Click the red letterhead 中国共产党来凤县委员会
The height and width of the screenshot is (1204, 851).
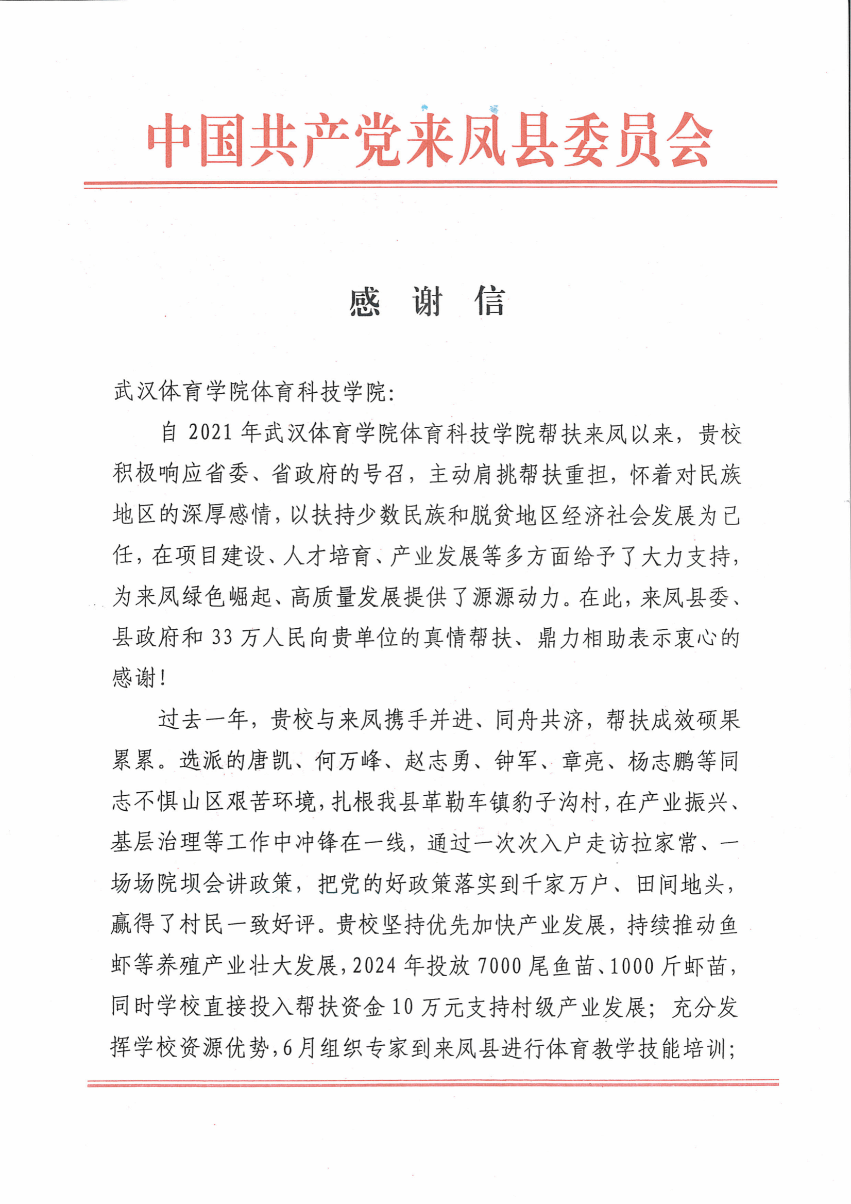[x=430, y=140]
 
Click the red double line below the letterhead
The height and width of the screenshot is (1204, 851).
[x=430, y=183]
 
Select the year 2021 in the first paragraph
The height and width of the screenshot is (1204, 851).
[x=210, y=432]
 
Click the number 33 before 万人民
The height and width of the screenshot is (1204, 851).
[x=222, y=638]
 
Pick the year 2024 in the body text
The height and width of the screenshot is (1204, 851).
[x=374, y=965]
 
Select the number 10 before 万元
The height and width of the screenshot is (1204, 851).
[x=402, y=1007]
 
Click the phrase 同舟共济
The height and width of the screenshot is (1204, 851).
[x=540, y=720]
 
